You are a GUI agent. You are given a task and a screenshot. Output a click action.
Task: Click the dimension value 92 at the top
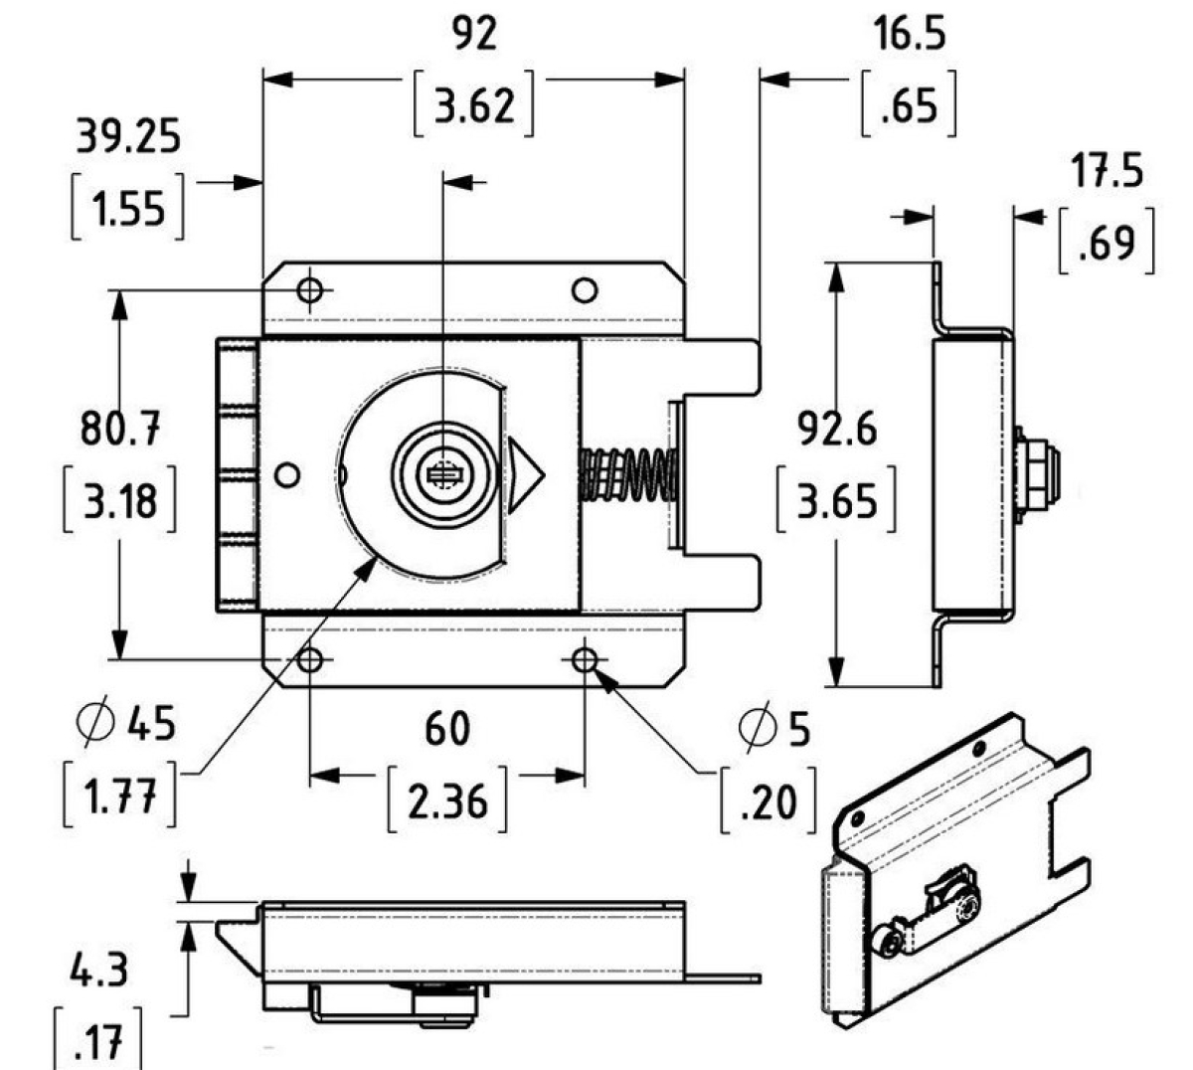coord(473,36)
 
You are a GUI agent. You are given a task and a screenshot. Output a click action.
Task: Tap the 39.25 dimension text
coord(128,136)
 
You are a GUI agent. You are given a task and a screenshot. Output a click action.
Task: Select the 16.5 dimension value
coord(910,36)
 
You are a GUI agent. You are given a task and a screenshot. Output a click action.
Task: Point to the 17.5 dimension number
coord(1107,172)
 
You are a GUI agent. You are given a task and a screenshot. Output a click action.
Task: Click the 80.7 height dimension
coord(120,431)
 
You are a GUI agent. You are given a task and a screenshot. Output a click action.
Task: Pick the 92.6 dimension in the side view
coord(837,431)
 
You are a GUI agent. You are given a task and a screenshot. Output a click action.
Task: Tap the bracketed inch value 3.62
coord(474,104)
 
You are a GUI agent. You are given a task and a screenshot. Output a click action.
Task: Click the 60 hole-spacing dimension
coord(446,729)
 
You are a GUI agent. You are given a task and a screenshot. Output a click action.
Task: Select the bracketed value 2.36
coord(447,801)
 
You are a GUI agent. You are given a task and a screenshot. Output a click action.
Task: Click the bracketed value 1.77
coord(120,797)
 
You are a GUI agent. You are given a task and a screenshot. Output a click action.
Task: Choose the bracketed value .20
coord(769,801)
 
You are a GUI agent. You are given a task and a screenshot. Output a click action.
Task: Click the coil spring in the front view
coord(628,473)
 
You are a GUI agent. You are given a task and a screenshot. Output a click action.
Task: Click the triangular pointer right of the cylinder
coord(523,474)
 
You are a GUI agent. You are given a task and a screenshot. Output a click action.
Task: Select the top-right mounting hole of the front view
coord(585,290)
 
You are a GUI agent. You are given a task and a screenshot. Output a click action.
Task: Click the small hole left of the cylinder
coord(287,475)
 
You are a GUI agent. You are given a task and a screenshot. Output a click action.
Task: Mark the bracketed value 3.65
coord(837,502)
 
